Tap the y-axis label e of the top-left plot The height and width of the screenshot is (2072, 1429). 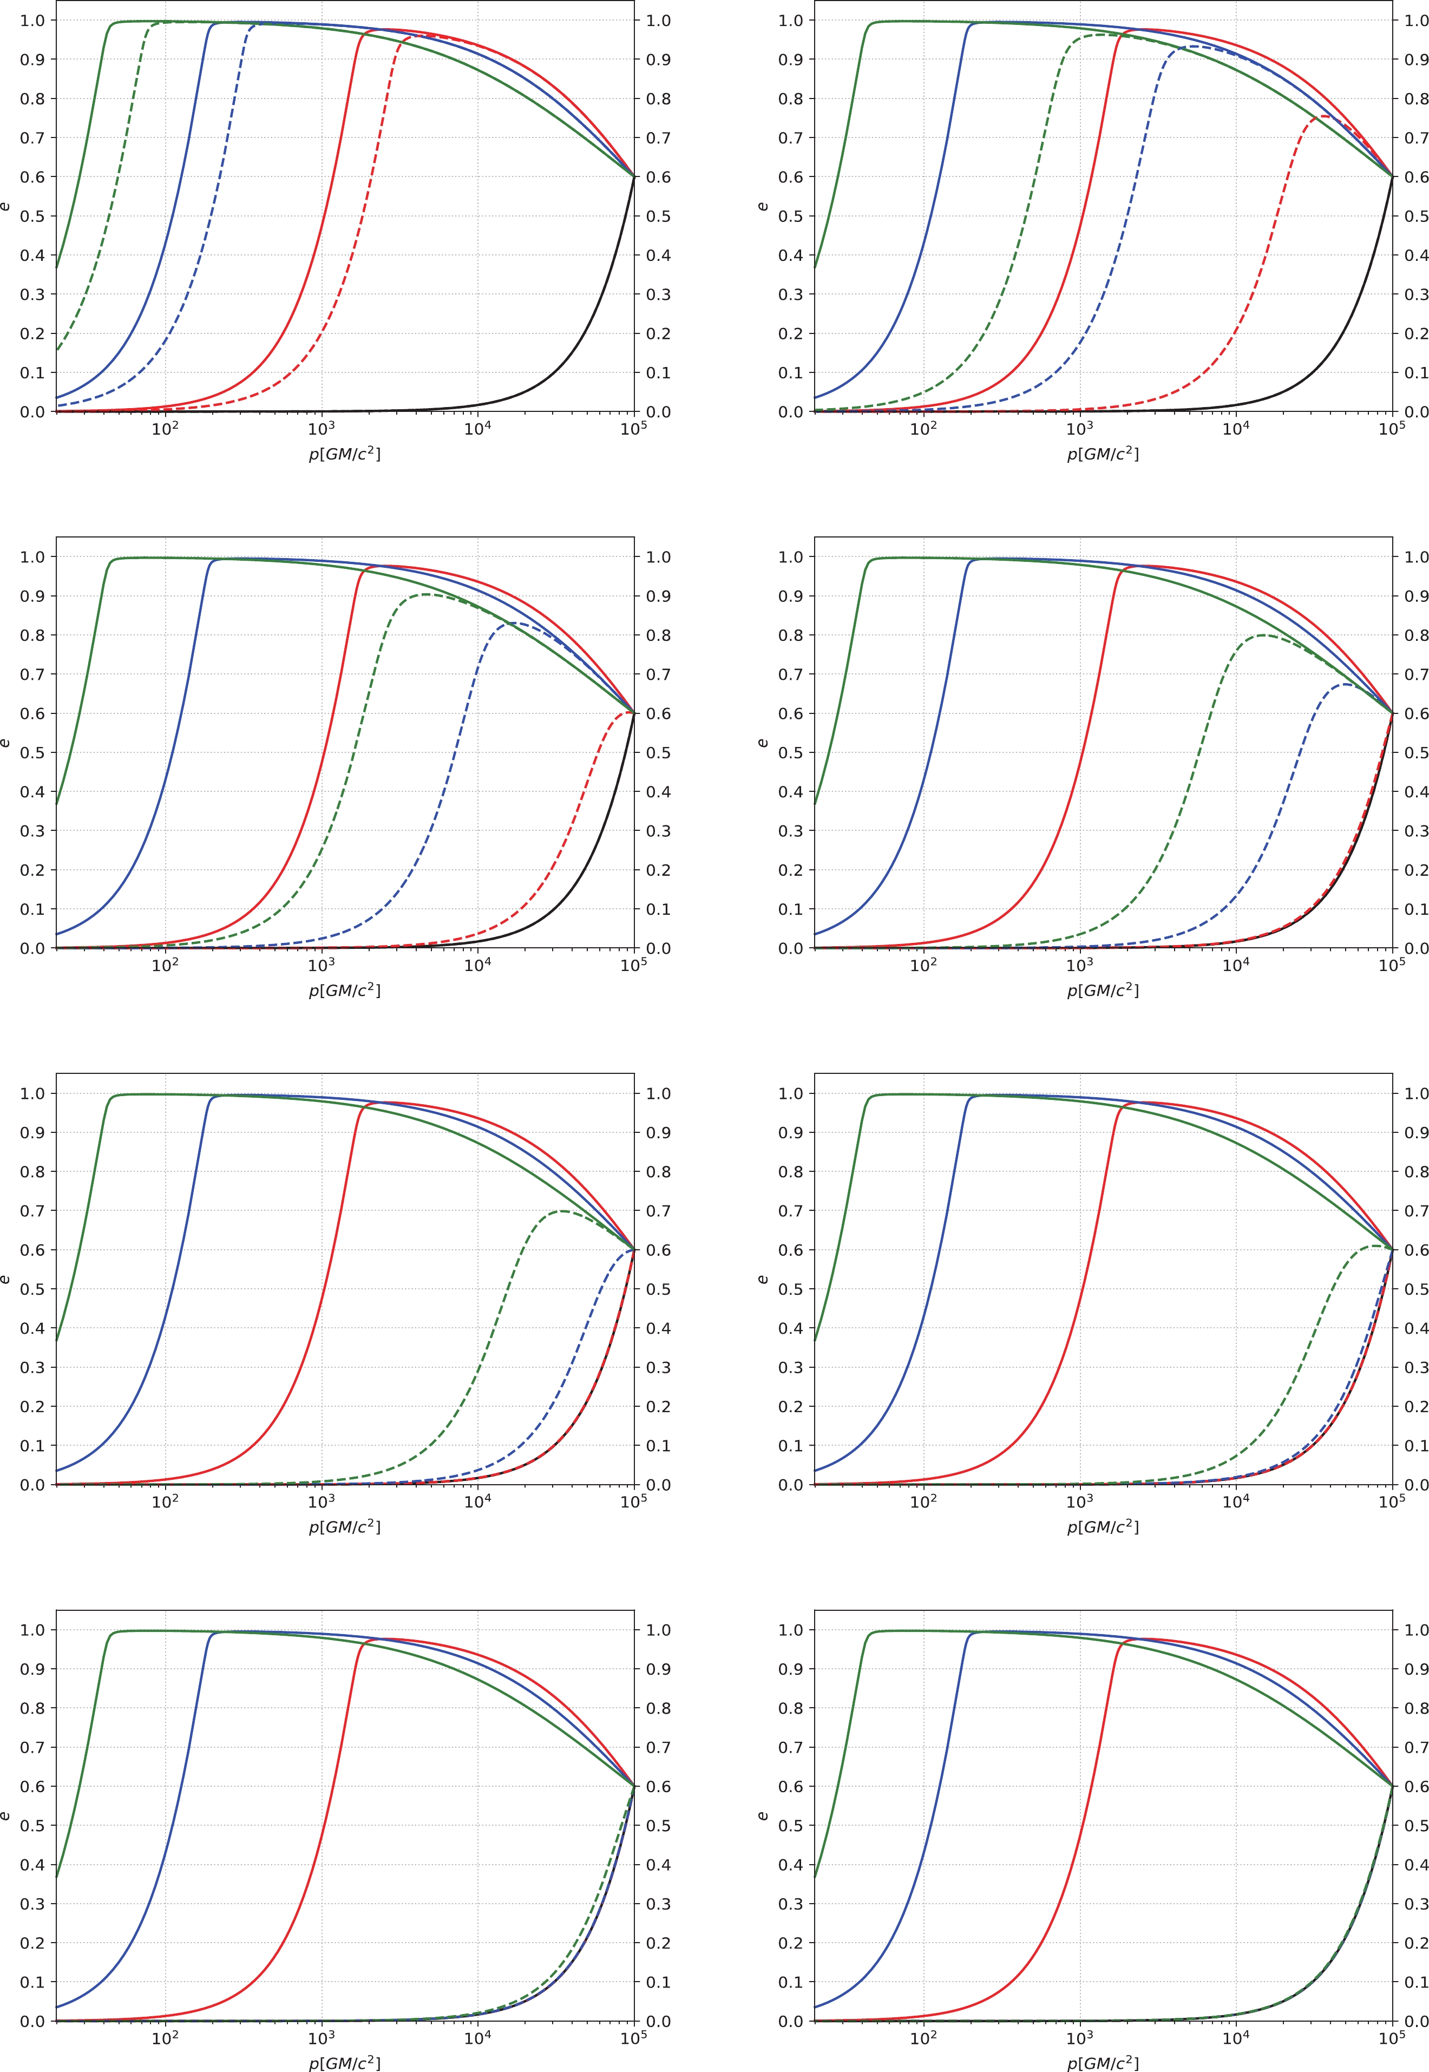6,207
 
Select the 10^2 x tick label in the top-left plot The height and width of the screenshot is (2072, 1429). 165,428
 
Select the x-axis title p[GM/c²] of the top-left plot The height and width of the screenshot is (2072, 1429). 345,454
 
